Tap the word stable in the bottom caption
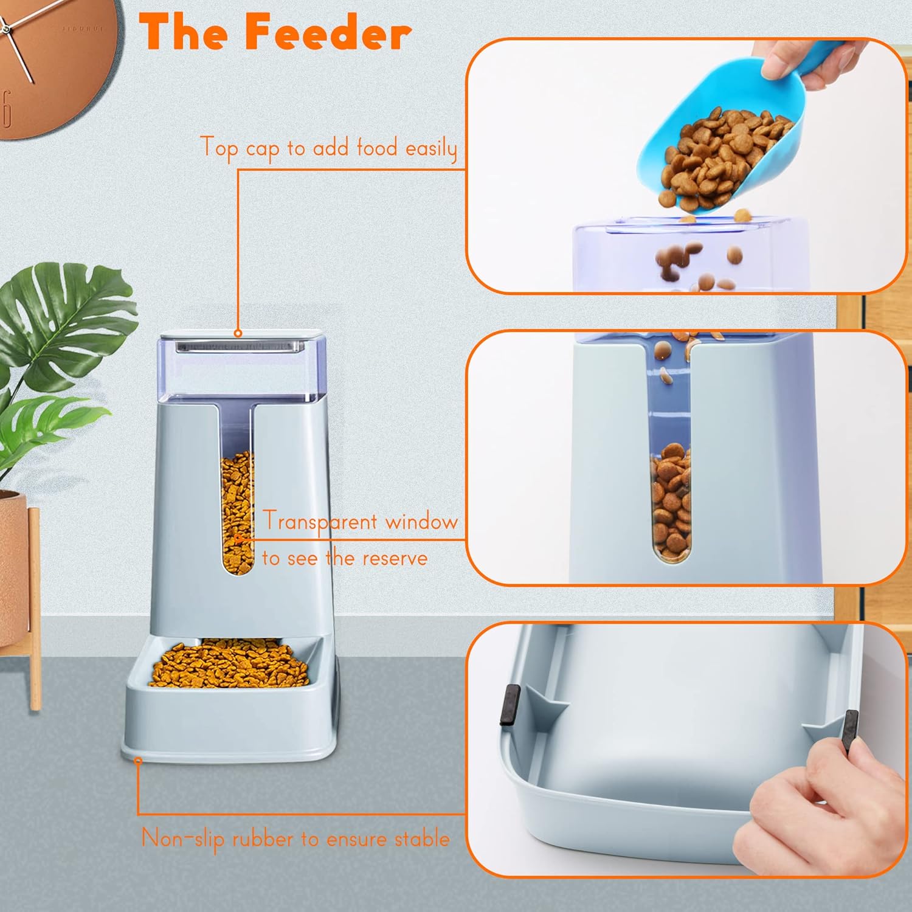pyautogui.click(x=422, y=839)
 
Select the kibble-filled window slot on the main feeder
pyautogui.click(x=237, y=511)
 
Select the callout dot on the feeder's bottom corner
pyautogui.click(x=138, y=761)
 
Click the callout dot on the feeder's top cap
pyautogui.click(x=238, y=333)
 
